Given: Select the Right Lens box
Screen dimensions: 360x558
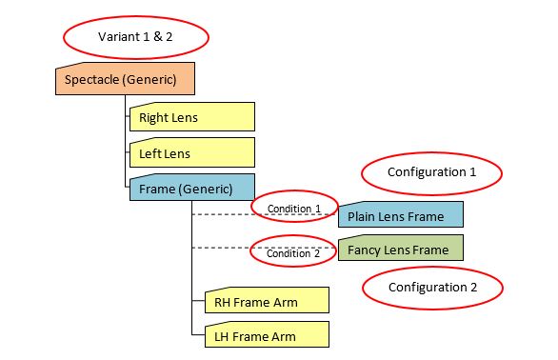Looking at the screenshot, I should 192,118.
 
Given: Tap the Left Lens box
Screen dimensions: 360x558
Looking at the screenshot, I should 192,152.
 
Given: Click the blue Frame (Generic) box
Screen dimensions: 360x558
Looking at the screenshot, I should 192,188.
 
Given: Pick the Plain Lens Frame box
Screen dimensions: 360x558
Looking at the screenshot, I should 401,216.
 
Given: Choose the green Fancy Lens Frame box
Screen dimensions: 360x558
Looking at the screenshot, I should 401,250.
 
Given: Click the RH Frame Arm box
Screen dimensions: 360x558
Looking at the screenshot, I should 267,302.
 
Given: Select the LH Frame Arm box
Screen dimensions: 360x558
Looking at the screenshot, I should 267,335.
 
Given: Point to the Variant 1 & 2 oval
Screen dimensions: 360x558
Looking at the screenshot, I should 136,36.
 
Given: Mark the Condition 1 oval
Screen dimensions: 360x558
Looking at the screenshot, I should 294,208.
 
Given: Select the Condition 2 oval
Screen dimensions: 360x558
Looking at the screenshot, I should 294,253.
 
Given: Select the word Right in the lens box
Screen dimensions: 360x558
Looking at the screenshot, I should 154,119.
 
